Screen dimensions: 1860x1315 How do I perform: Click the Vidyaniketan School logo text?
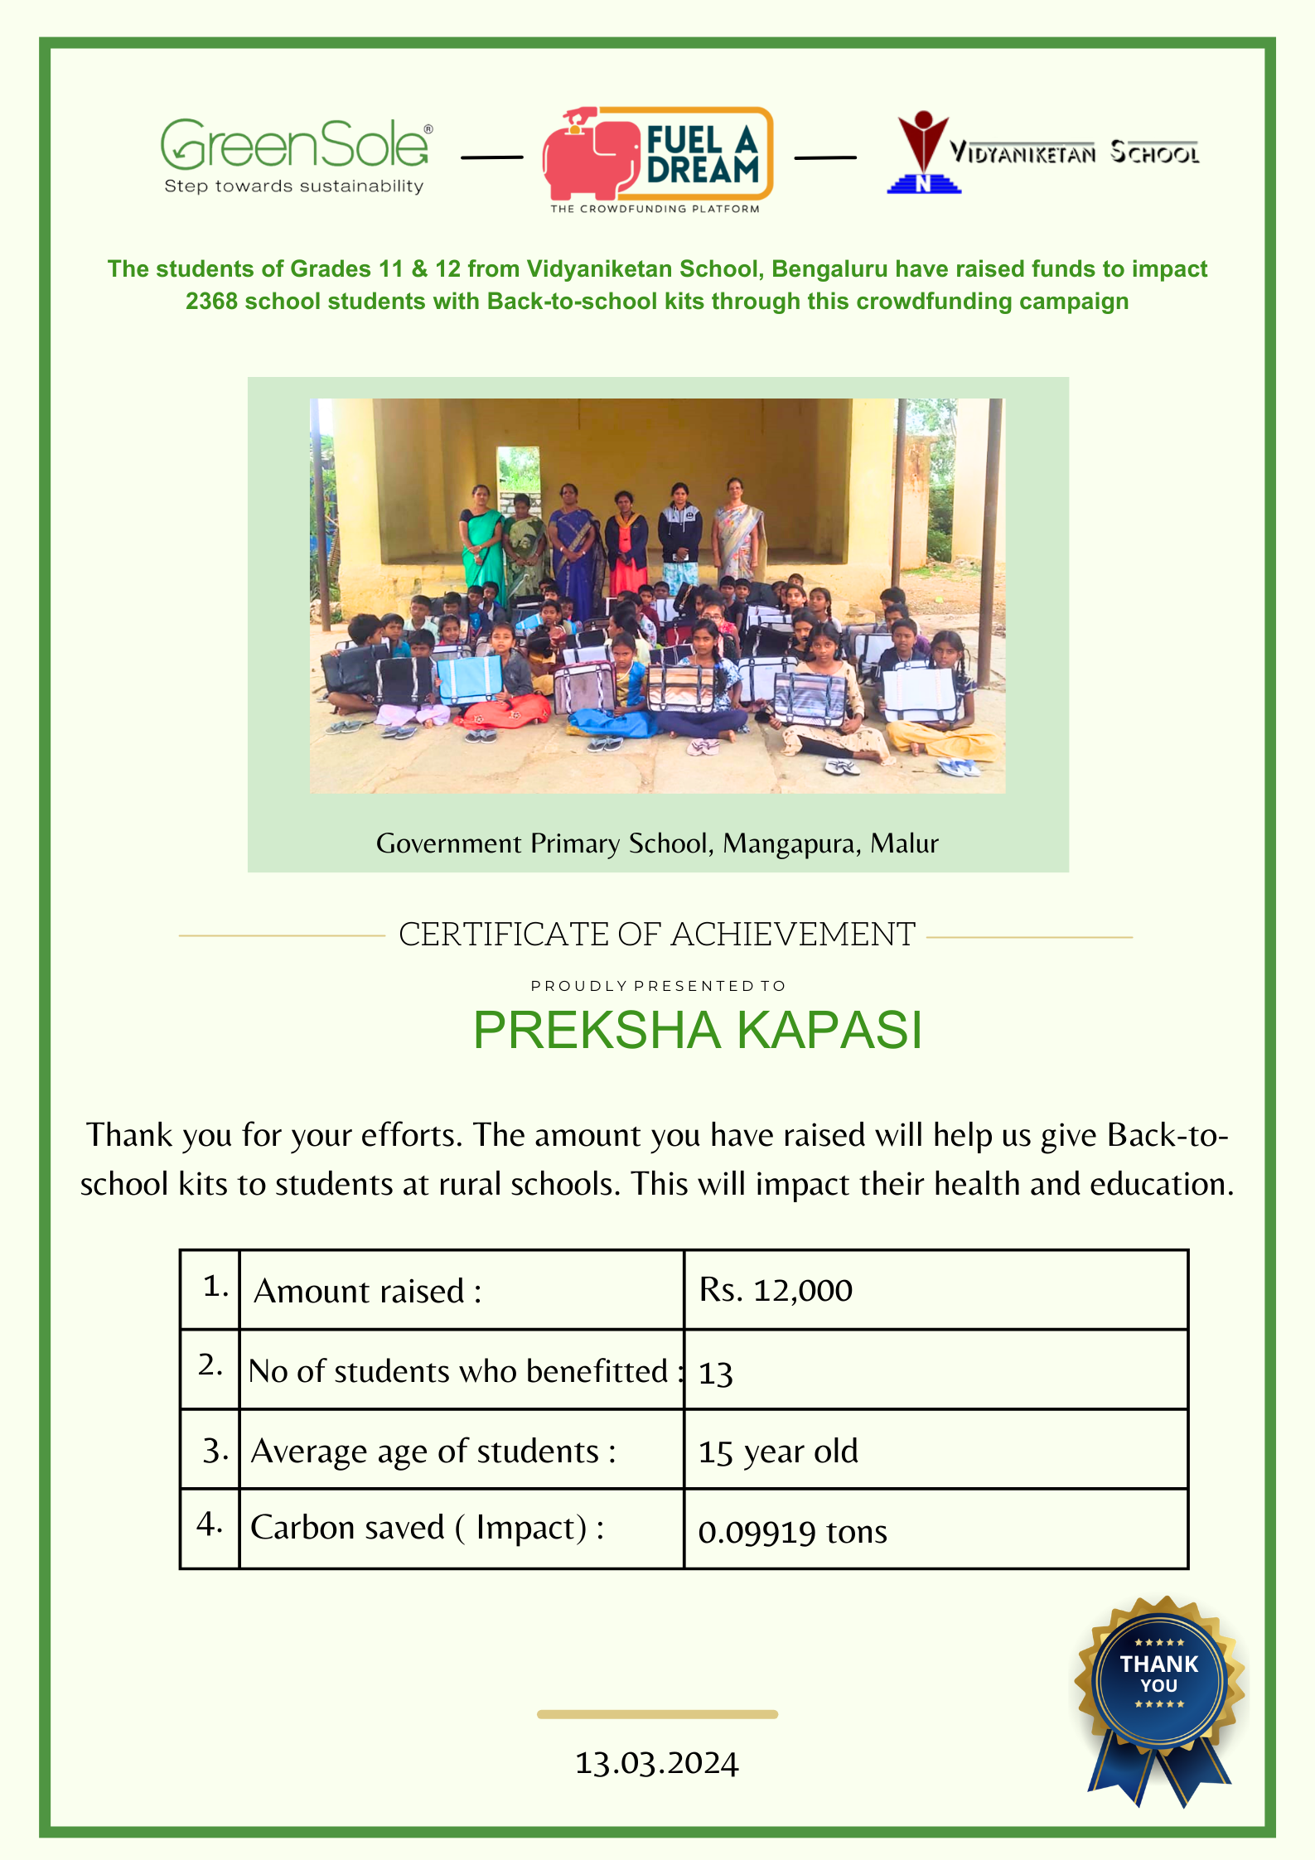[1073, 152]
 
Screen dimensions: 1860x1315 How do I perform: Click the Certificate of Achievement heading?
[656, 935]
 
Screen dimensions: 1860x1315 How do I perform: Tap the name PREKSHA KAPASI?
[697, 1030]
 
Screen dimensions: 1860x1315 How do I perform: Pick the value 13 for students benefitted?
[716, 1373]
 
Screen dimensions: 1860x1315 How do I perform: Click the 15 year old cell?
[778, 1452]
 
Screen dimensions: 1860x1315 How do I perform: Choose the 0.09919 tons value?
[792, 1531]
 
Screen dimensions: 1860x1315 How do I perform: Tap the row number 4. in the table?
[210, 1524]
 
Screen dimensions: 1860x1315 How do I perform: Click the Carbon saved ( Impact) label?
[427, 1528]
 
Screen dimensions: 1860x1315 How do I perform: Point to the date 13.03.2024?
[656, 1763]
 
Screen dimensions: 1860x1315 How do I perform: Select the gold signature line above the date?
[657, 1714]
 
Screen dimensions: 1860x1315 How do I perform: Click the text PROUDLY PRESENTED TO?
[658, 986]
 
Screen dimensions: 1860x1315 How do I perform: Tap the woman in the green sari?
[481, 539]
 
